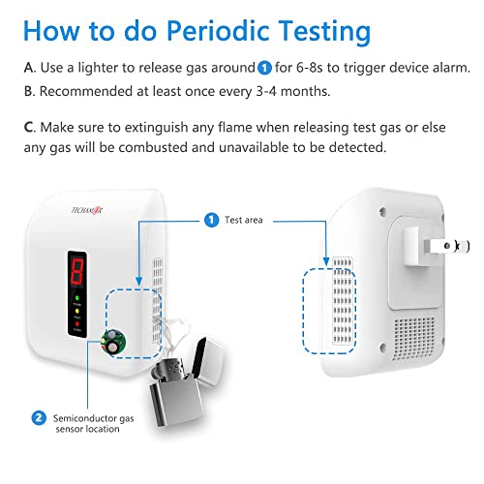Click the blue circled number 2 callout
(38, 418)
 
